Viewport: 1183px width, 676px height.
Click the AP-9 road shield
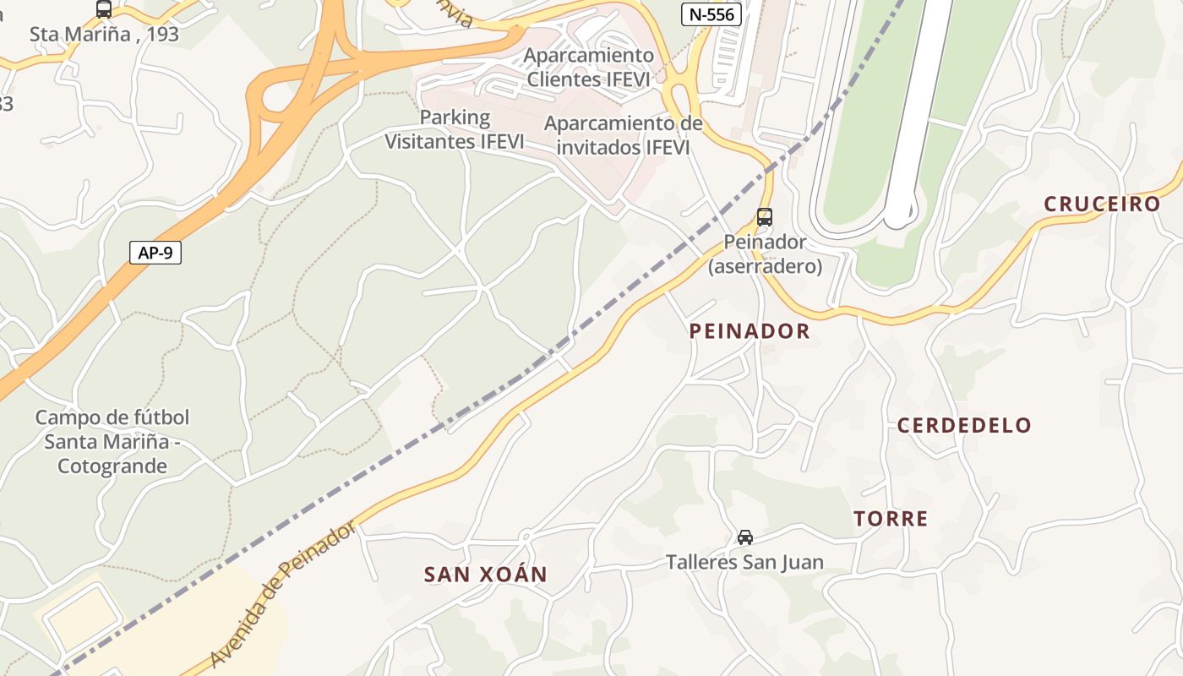[155, 253]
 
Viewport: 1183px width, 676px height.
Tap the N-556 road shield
[711, 14]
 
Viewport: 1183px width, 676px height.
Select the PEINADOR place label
[750, 330]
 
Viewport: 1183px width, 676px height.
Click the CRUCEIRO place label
[1102, 204]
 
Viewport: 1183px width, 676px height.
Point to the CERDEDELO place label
[964, 425]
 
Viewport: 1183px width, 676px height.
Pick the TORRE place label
[891, 519]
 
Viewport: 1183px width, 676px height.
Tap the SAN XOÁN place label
[485, 575]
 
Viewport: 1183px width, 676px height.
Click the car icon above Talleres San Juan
[744, 537]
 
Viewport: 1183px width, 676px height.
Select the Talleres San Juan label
[744, 562]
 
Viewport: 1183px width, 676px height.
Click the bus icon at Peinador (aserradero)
[765, 217]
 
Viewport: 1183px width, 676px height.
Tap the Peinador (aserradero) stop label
[765, 253]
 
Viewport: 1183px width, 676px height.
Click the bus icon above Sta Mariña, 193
[104, 9]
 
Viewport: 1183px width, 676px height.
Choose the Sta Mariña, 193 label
[104, 35]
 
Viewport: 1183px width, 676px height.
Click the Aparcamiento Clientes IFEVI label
[588, 68]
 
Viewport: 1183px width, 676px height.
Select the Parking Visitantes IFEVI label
[455, 129]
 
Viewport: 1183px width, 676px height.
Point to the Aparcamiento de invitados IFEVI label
[623, 135]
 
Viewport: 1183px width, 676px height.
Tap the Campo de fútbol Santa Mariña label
[112, 441]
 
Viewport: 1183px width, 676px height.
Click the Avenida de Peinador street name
[284, 595]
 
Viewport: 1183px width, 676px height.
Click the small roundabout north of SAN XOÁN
[525, 535]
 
